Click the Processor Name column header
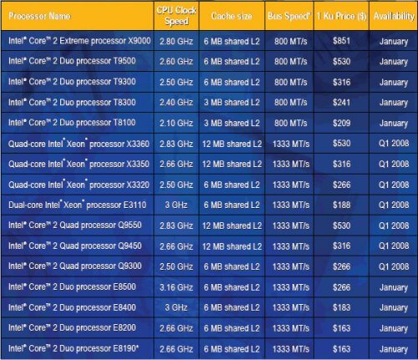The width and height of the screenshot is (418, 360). [x=39, y=16]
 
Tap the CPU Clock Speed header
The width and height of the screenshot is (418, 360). [x=176, y=16]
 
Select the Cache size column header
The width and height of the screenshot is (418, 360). [x=232, y=16]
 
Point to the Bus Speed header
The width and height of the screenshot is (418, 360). [x=289, y=16]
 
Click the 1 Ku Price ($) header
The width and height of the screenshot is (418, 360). [x=341, y=16]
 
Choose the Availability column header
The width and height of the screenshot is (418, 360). [x=394, y=16]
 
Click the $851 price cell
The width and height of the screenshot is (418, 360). [x=341, y=41]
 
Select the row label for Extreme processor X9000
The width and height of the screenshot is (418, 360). [x=79, y=41]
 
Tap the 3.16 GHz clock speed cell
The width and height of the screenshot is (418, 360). [x=176, y=287]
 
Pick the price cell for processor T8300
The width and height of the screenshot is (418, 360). [x=341, y=102]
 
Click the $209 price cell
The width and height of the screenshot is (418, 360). [x=341, y=123]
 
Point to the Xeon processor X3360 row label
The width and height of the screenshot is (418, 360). [x=79, y=144]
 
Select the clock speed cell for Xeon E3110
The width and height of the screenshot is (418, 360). [x=176, y=205]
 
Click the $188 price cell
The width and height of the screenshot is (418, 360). [x=341, y=205]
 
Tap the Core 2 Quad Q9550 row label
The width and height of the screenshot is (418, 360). [x=75, y=225]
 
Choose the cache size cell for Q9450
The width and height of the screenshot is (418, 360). [x=232, y=246]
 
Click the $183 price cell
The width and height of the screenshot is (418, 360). [x=341, y=307]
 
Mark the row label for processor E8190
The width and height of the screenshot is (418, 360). [x=74, y=348]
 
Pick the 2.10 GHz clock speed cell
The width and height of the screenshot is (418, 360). [x=176, y=123]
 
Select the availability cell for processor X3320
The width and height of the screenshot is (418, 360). [x=394, y=185]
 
